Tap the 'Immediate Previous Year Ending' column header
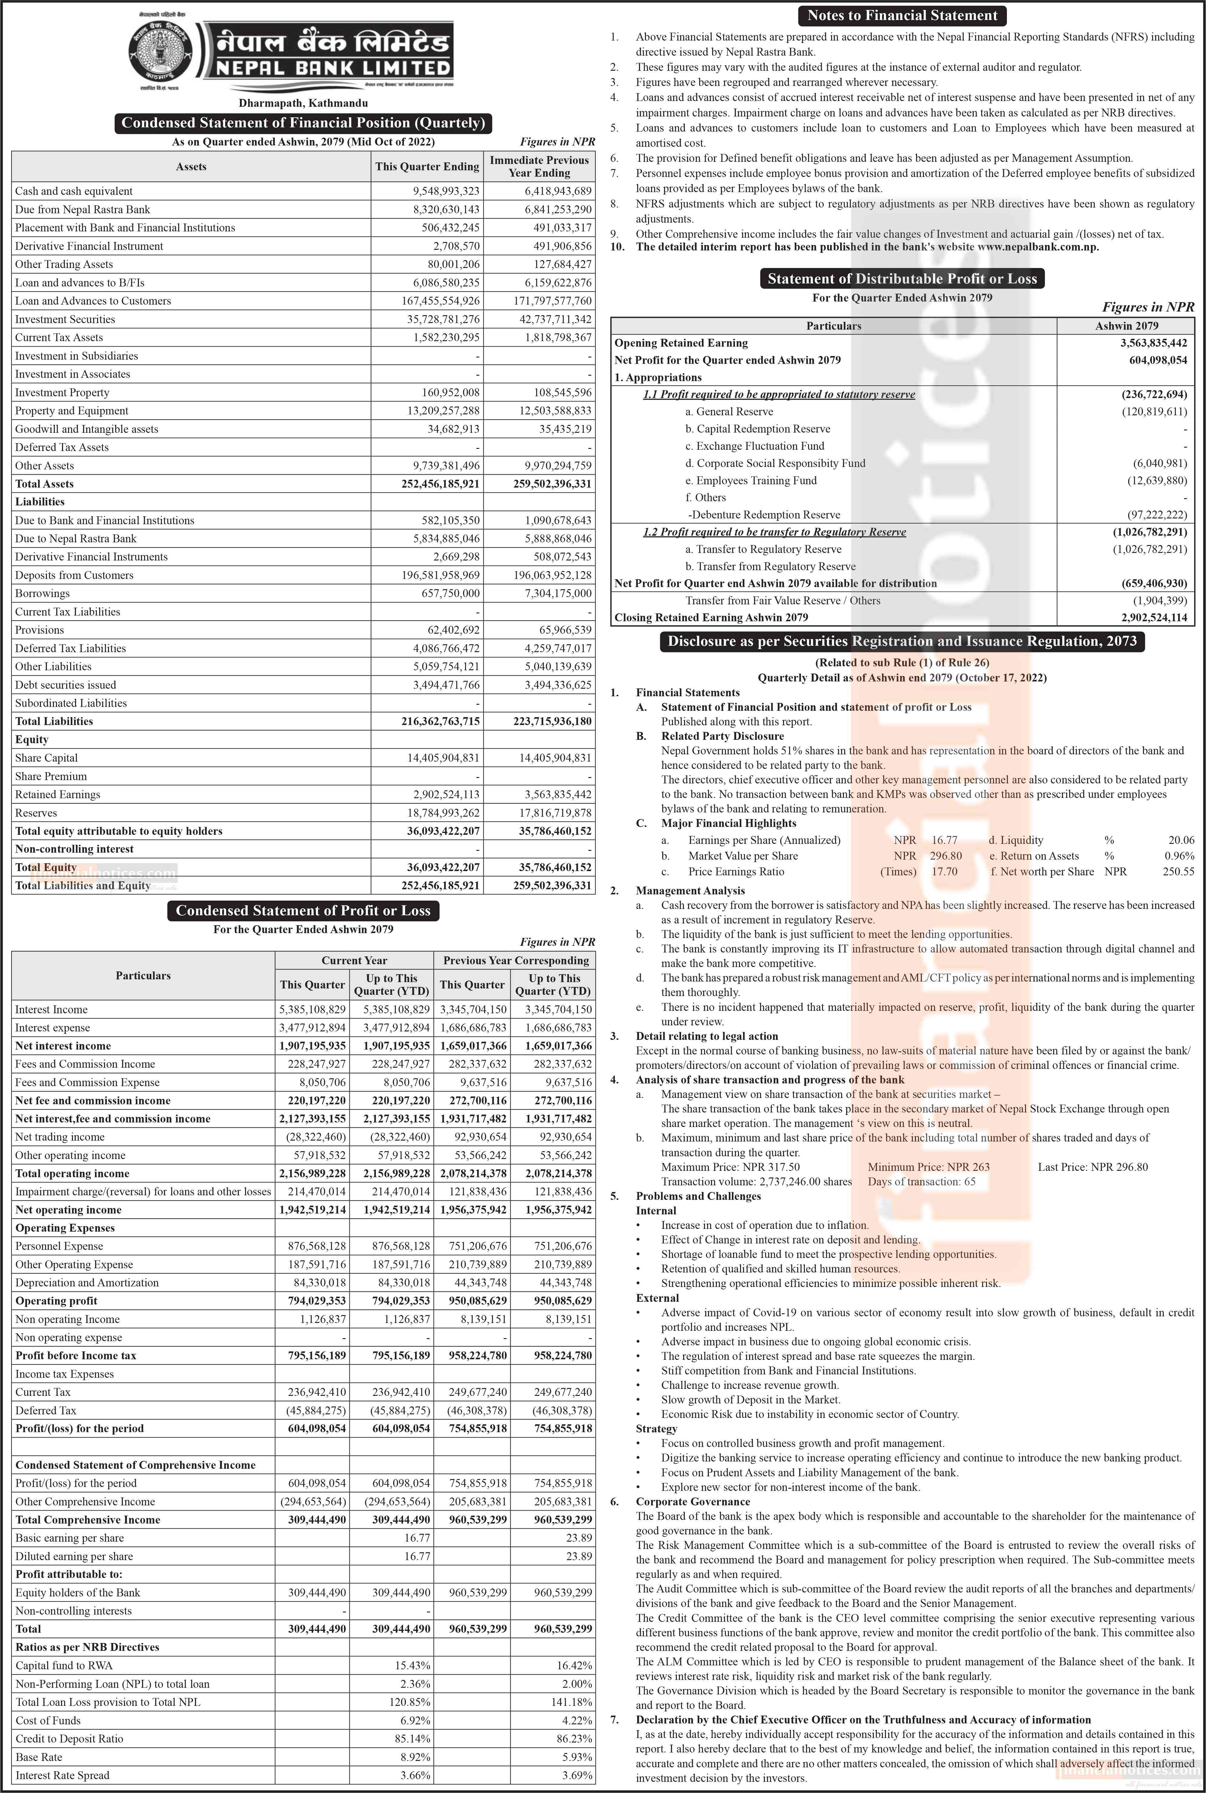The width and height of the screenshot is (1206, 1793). [539, 166]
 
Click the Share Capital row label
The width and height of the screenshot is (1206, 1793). [46, 757]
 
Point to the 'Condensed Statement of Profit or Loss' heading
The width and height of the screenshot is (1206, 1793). [303, 910]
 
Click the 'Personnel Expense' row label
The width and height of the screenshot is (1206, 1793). [59, 1246]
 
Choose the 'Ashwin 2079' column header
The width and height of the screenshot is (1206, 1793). [1126, 326]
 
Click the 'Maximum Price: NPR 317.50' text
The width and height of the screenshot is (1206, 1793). [730, 1167]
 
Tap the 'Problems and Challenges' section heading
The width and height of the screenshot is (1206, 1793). [698, 1196]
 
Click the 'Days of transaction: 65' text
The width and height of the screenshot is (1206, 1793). [921, 1182]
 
